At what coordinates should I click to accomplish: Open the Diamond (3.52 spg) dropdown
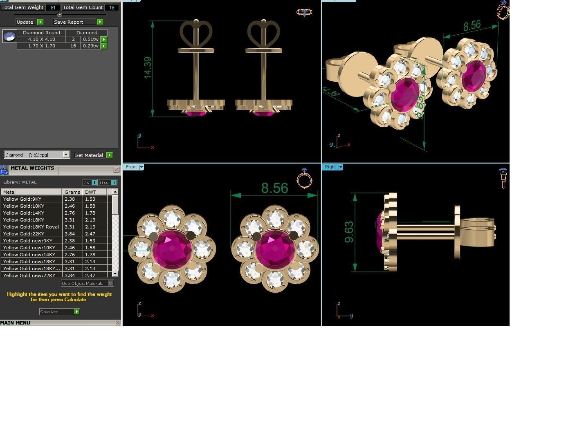[x=66, y=155]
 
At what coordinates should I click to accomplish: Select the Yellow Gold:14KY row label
[x=24, y=213]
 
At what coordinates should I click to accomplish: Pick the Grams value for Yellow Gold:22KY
[x=70, y=234]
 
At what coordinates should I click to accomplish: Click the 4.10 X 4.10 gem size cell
[x=41, y=39]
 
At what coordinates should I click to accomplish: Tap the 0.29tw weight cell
[x=90, y=46]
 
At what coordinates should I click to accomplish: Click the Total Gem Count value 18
[x=111, y=7]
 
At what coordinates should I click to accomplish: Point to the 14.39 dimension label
[x=148, y=67]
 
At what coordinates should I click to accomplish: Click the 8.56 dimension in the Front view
[x=274, y=188]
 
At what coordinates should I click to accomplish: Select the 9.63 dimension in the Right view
[x=349, y=232]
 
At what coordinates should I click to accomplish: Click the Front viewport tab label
[x=131, y=167]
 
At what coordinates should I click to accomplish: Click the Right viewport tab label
[x=330, y=167]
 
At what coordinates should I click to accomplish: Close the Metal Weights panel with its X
[x=117, y=170]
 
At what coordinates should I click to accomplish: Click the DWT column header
[x=91, y=192]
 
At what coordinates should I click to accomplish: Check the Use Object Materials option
[x=110, y=283]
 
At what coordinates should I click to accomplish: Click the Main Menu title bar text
[x=16, y=323]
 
